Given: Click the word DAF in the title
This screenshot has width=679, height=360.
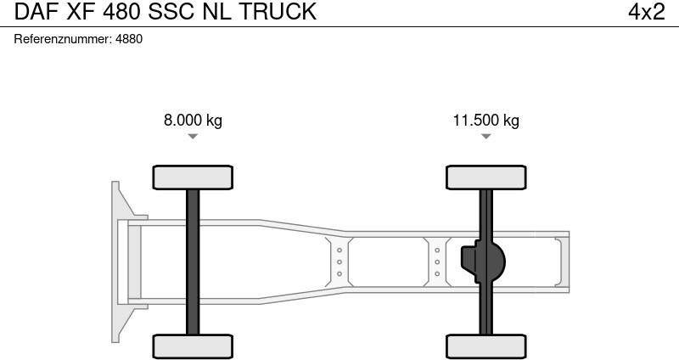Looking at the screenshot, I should tap(32, 12).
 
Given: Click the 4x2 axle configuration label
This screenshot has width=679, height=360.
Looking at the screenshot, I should tap(646, 12).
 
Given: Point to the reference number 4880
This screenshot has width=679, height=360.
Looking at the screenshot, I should tap(129, 39).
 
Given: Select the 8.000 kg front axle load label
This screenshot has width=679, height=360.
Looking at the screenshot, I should tap(193, 120).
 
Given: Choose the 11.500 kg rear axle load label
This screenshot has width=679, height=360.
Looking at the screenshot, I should tap(485, 120).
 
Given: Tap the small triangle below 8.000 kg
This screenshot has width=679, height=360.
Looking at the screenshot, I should tap(193, 136).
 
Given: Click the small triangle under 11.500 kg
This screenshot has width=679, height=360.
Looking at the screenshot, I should tap(485, 136).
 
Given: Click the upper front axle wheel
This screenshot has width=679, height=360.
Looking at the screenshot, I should tap(193, 177).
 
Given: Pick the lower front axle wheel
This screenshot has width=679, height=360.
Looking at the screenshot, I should tap(193, 346).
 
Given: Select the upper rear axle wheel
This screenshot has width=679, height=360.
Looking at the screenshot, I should tap(485, 177).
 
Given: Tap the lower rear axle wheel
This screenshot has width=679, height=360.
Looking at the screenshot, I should tap(485, 346).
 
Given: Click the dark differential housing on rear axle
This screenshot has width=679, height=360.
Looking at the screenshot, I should tap(484, 262).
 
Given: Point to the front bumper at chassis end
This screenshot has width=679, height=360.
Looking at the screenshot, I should tap(121, 261).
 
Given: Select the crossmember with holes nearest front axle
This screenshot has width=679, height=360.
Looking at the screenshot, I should tap(339, 262).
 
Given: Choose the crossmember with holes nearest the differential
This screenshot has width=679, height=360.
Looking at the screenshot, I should tap(437, 262).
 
